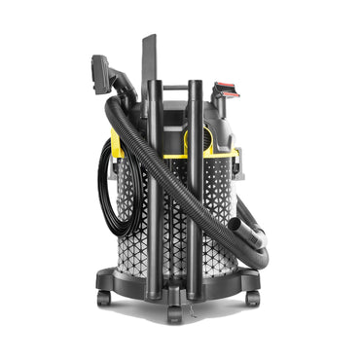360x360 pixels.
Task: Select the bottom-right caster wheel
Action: click(252, 298)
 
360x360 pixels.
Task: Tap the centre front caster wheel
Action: click(175, 314)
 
